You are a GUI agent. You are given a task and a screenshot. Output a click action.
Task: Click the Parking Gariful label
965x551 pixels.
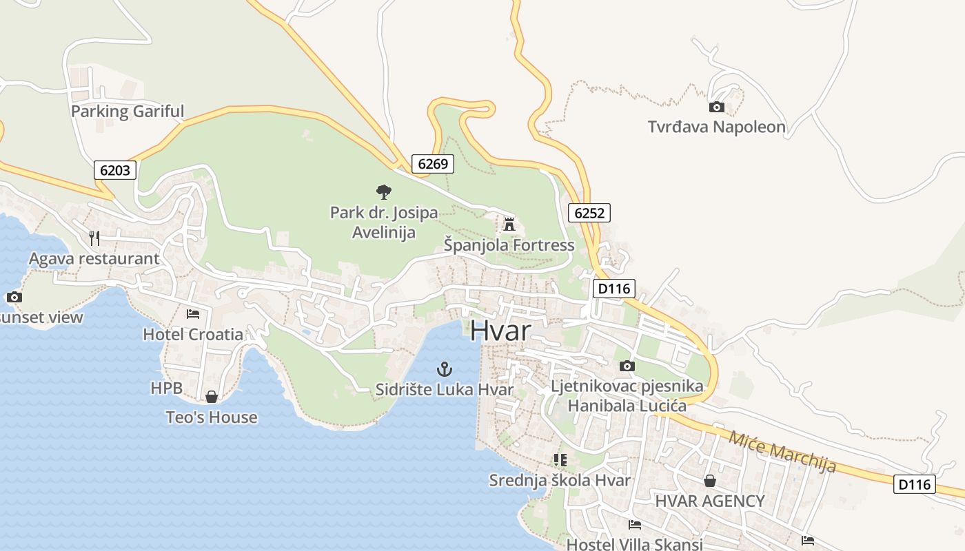(128, 111)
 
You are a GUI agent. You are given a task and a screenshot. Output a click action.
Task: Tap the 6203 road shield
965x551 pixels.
(115, 170)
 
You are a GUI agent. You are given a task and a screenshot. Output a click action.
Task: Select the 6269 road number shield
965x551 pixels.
(433, 164)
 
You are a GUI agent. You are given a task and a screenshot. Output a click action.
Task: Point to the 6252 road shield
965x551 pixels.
(589, 213)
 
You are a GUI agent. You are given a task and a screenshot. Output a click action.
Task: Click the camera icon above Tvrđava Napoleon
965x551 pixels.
(717, 107)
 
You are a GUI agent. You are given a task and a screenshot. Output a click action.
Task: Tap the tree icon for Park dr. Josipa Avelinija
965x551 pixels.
(384, 192)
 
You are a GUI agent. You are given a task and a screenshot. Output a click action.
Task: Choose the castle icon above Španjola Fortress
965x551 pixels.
(509, 224)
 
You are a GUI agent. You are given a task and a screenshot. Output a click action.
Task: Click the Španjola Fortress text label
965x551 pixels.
(509, 245)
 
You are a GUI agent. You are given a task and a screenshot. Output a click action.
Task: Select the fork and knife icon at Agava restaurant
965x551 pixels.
(94, 238)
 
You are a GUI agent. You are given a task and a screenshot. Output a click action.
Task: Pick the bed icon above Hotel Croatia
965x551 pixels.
(193, 314)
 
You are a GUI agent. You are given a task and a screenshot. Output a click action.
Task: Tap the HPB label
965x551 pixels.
(167, 388)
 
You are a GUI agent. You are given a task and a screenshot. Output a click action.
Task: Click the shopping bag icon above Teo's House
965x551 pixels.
(212, 397)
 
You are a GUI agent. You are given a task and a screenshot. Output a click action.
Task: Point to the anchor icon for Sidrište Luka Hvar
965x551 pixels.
(445, 369)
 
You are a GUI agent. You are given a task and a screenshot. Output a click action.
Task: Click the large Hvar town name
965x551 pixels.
(500, 331)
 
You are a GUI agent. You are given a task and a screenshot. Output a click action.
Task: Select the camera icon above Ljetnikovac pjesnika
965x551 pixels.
(627, 366)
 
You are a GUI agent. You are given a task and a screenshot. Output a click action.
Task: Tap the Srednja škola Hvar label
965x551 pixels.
(560, 480)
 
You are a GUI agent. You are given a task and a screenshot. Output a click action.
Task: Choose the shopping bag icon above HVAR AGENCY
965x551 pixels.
(709, 481)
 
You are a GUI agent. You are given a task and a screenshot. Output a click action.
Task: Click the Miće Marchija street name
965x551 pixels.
(782, 452)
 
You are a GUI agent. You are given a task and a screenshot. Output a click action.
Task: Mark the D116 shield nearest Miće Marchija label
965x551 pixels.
(915, 484)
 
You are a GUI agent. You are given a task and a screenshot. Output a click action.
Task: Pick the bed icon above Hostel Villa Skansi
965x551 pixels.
(634, 525)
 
